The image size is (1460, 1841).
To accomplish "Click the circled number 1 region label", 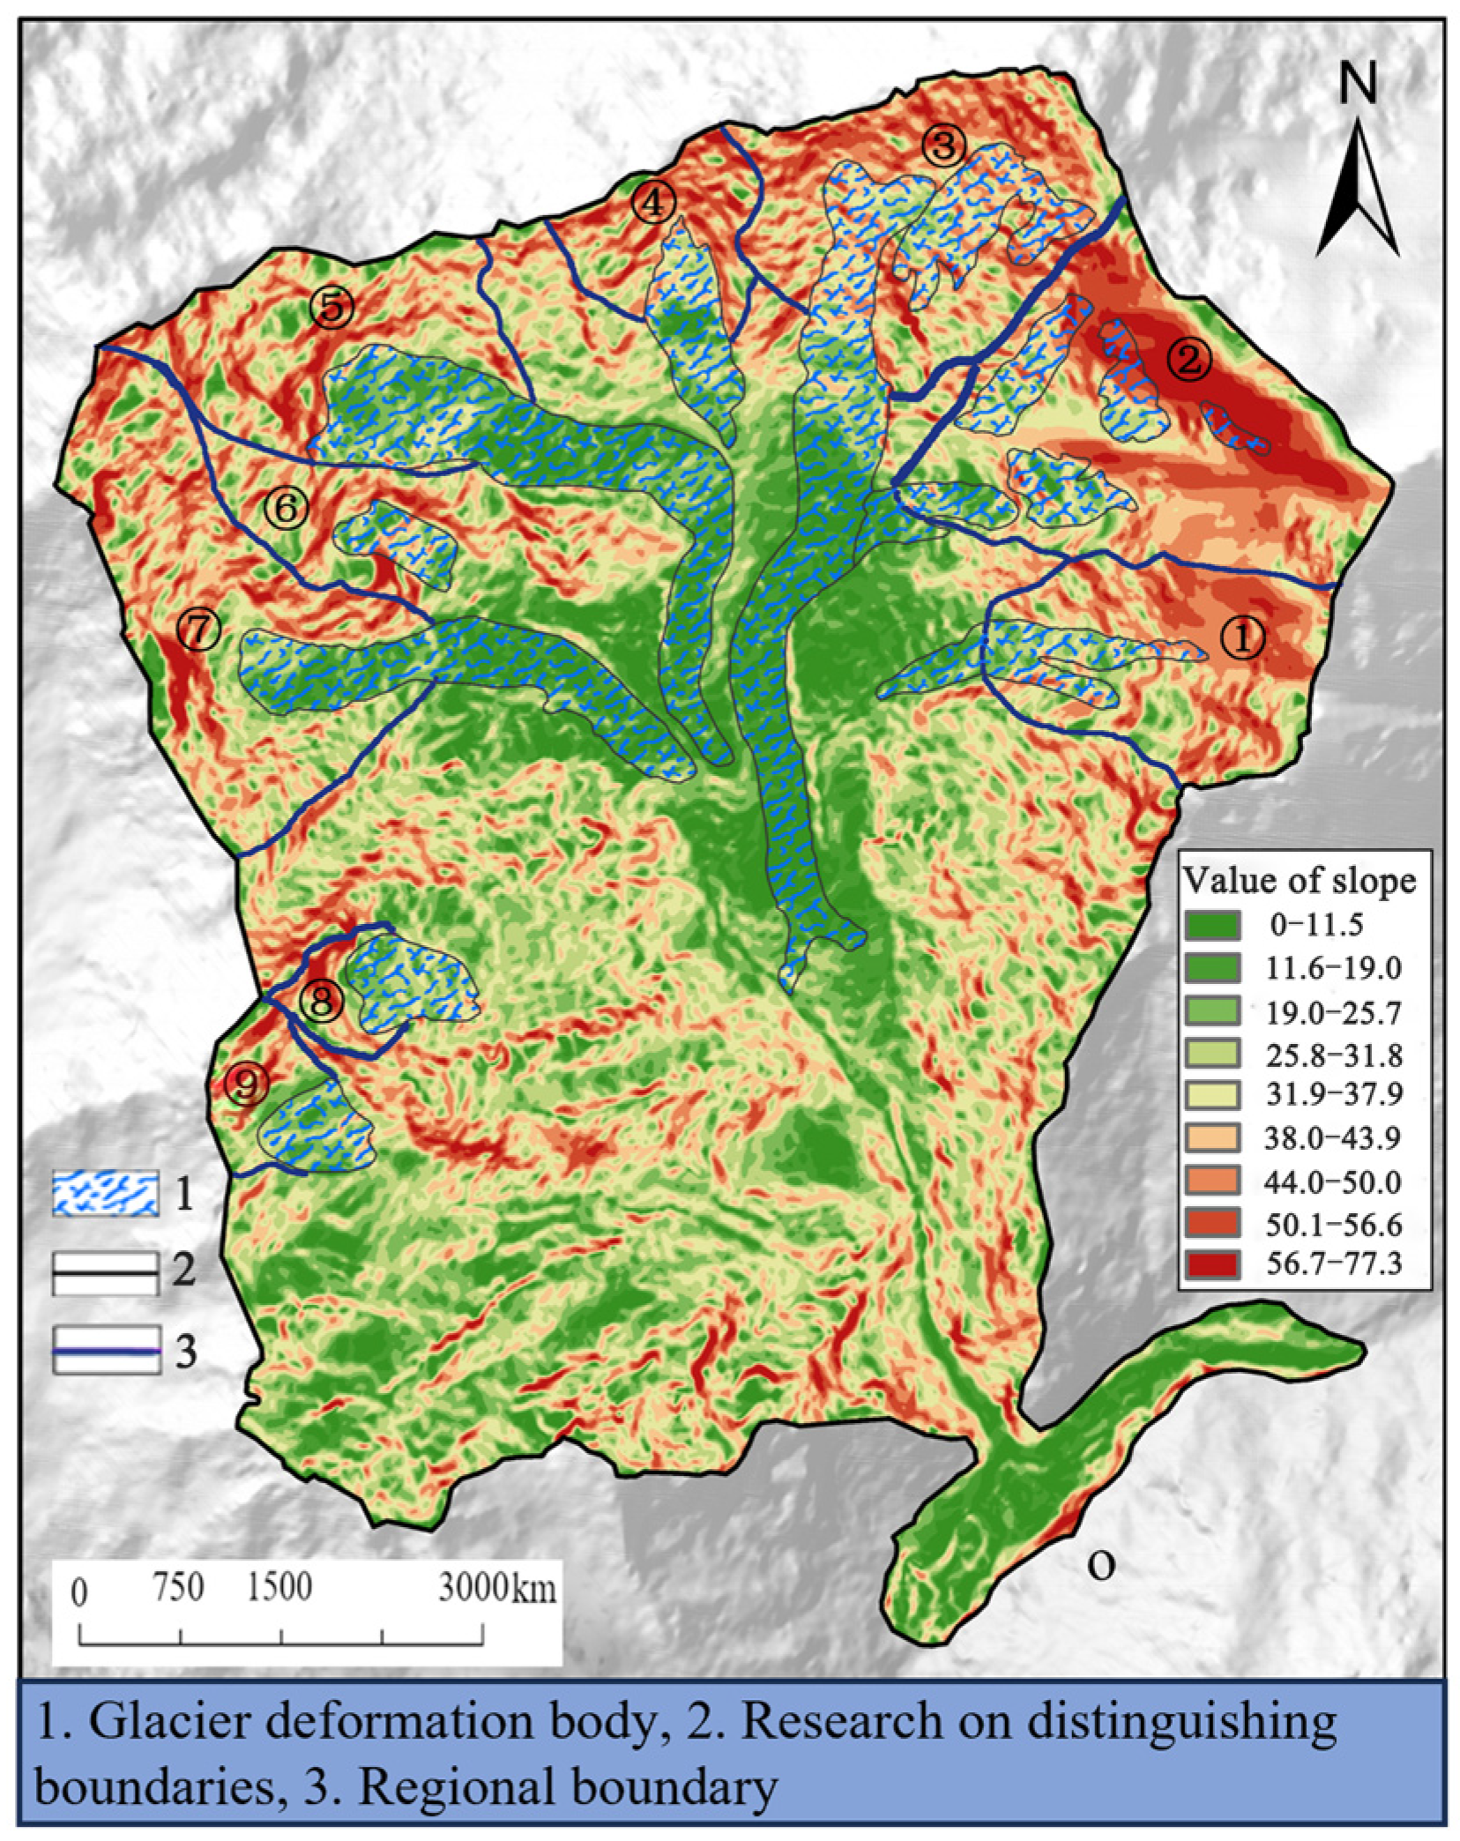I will (x=1241, y=637).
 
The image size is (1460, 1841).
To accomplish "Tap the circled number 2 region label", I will (x=1190, y=360).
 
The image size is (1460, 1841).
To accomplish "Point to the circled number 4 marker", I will (x=653, y=205).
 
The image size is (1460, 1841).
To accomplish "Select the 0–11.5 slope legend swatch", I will (x=1213, y=925).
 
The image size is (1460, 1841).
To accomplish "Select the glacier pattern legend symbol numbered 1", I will (x=106, y=1195).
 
